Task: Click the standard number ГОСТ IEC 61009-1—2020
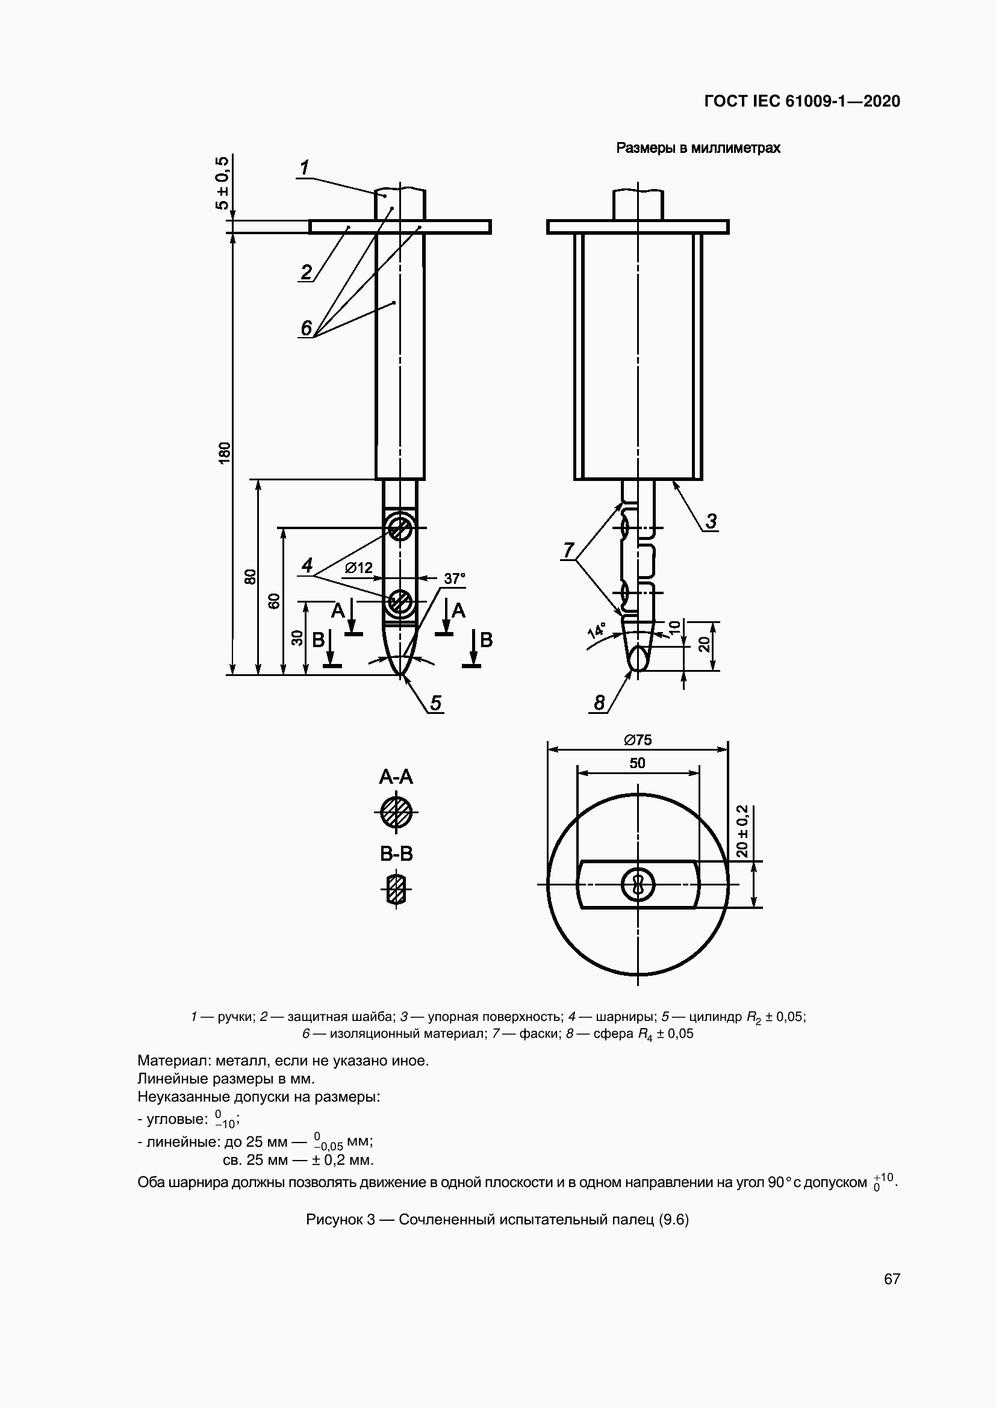point(801,101)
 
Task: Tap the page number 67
point(892,1279)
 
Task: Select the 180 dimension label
point(225,452)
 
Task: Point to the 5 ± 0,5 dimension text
point(222,183)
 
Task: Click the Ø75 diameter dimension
point(638,740)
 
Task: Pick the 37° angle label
point(455,578)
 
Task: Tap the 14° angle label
point(596,630)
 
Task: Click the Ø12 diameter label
point(359,568)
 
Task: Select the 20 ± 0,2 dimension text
point(742,831)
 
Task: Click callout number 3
point(711,521)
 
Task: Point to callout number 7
point(568,550)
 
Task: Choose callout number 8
point(599,702)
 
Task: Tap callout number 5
point(435,702)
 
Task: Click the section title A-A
point(396,778)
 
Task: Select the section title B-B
point(396,854)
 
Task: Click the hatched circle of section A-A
point(396,813)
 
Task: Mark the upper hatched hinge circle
point(400,528)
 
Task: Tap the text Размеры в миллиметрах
point(698,148)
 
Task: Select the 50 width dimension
point(638,763)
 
